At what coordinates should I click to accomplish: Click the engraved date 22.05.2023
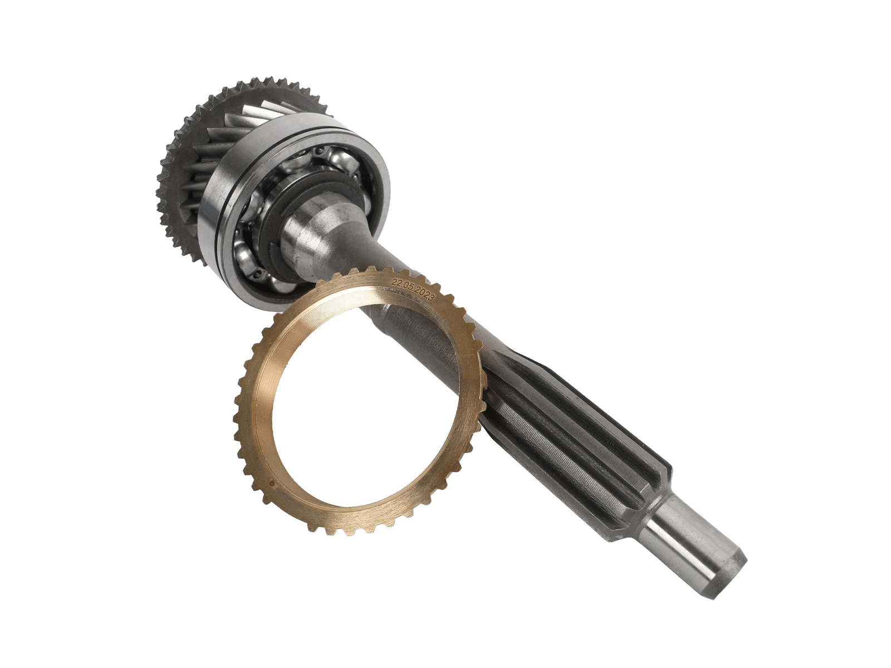point(413,290)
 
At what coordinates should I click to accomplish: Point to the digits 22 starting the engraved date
point(394,281)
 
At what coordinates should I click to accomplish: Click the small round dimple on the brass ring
point(272,483)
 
